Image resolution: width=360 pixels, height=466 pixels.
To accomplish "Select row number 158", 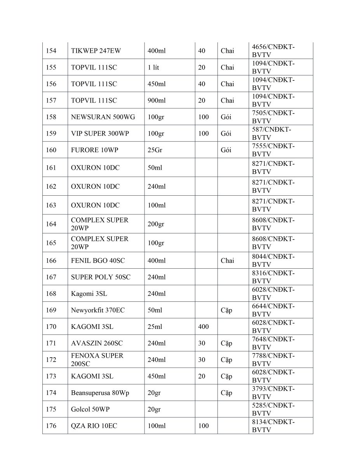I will tap(51, 117).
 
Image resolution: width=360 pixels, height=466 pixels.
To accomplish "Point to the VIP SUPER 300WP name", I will tap(100, 134).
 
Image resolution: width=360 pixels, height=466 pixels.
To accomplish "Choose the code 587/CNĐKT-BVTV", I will tap(271, 134).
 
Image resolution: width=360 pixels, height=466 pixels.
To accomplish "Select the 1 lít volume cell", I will tap(153, 68).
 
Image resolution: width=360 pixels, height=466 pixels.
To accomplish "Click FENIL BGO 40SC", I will tap(98, 261).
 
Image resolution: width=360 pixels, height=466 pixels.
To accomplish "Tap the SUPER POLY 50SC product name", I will tap(101, 277).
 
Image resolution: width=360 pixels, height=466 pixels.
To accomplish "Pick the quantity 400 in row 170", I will tap(203, 327).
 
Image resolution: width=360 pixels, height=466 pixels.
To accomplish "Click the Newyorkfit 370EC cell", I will tap(98, 310).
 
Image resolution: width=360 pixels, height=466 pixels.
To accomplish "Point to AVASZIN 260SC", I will tap(97, 343).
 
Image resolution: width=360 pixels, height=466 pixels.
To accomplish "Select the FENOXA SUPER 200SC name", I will tap(97, 360).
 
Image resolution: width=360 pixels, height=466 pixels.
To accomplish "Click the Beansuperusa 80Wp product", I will tap(100, 393).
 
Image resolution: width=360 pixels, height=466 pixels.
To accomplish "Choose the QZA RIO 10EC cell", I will tap(94, 426).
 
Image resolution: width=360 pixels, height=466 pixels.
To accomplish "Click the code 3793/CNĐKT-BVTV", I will tap(273, 393).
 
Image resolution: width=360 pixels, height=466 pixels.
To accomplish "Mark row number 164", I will tap(51, 224).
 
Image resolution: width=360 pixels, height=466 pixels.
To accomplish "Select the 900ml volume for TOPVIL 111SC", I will tap(157, 101).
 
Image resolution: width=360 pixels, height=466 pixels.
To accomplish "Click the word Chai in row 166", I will tap(227, 261).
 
